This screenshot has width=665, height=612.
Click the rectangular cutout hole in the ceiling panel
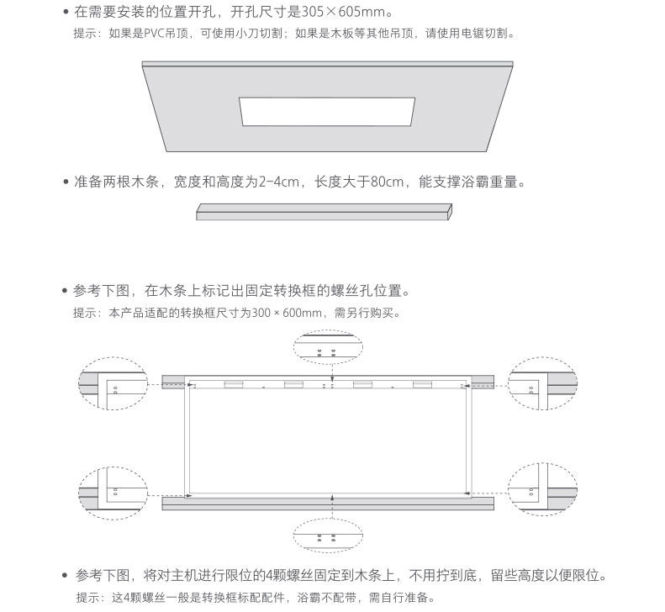(326, 113)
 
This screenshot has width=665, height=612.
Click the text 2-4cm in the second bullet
(278, 182)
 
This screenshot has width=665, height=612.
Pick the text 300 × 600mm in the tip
(288, 314)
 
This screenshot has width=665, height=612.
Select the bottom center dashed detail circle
(327, 533)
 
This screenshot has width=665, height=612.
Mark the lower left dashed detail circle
(113, 490)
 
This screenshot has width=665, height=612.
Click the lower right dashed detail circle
(543, 490)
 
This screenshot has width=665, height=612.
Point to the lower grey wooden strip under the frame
(327, 503)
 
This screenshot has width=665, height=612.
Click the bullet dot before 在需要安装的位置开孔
(65, 13)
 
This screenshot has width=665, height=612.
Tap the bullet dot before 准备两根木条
(65, 182)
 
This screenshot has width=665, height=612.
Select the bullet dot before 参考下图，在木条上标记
(65, 292)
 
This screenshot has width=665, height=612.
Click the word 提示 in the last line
(87, 598)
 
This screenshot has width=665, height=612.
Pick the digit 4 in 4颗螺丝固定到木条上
(269, 576)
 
